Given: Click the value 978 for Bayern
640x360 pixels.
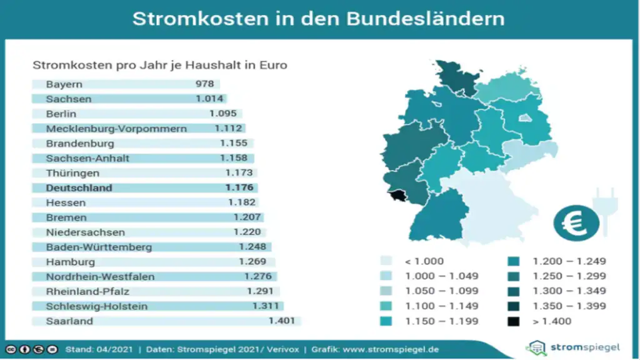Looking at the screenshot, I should (204, 84).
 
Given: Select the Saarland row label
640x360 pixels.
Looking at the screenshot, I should (69, 321).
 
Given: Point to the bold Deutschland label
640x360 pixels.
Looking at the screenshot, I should (79, 188).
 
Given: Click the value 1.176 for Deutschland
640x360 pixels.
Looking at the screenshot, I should (239, 188).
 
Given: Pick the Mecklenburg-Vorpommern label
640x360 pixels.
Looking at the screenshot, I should (116, 129).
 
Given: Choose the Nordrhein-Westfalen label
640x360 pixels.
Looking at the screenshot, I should (100, 277).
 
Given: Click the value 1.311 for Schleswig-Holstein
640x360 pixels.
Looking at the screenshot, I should (267, 306).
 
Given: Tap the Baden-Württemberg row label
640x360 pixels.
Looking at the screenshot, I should (99, 247).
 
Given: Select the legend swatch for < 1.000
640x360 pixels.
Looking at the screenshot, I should (387, 261).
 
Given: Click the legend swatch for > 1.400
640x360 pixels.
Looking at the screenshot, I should (514, 321).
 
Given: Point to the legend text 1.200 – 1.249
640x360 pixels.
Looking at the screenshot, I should (569, 261).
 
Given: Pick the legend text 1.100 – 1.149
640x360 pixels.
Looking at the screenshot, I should (442, 306).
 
